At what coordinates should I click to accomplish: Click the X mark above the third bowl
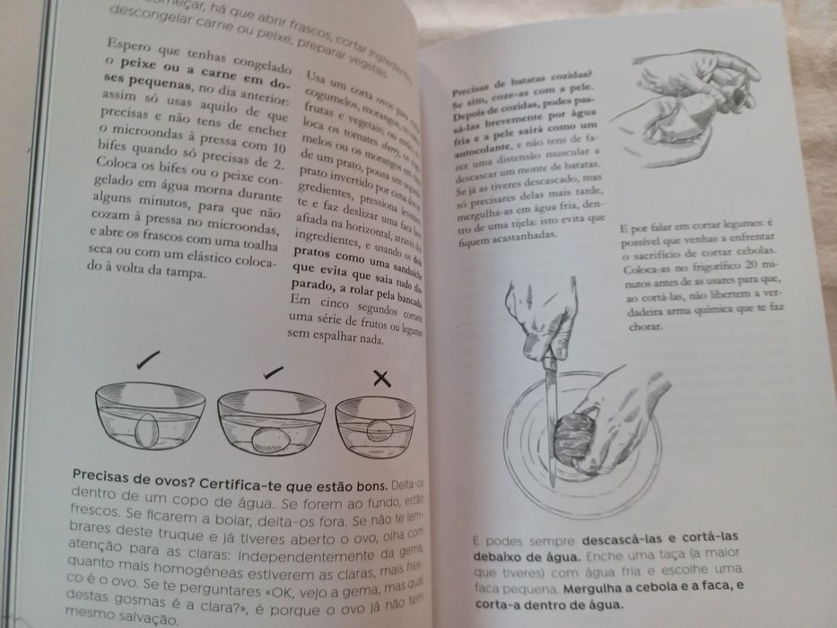click(x=383, y=378)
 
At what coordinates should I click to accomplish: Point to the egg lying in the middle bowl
click(x=268, y=439)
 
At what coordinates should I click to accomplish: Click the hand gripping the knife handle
click(x=544, y=318)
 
